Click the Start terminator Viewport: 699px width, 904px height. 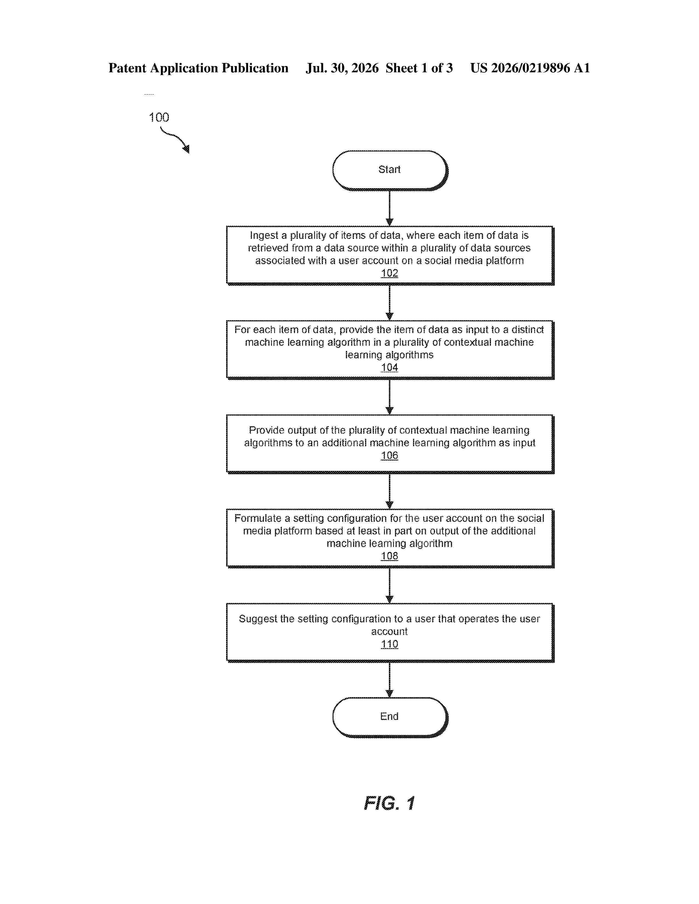click(x=390, y=170)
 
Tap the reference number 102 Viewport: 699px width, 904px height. click(x=389, y=273)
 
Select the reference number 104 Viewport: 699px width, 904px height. click(x=389, y=368)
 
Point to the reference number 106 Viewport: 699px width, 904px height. click(x=389, y=455)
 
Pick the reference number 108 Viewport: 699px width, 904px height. click(x=389, y=556)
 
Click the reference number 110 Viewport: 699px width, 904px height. click(x=389, y=644)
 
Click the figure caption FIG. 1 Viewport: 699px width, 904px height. click(x=389, y=803)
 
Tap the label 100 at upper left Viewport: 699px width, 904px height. click(x=159, y=117)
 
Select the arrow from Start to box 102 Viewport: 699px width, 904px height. click(x=389, y=208)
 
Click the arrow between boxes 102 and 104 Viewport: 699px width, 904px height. click(x=389, y=303)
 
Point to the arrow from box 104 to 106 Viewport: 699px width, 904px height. click(x=389, y=397)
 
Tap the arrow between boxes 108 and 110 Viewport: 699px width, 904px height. click(x=389, y=586)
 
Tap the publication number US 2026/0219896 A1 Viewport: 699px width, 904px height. click(x=530, y=68)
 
